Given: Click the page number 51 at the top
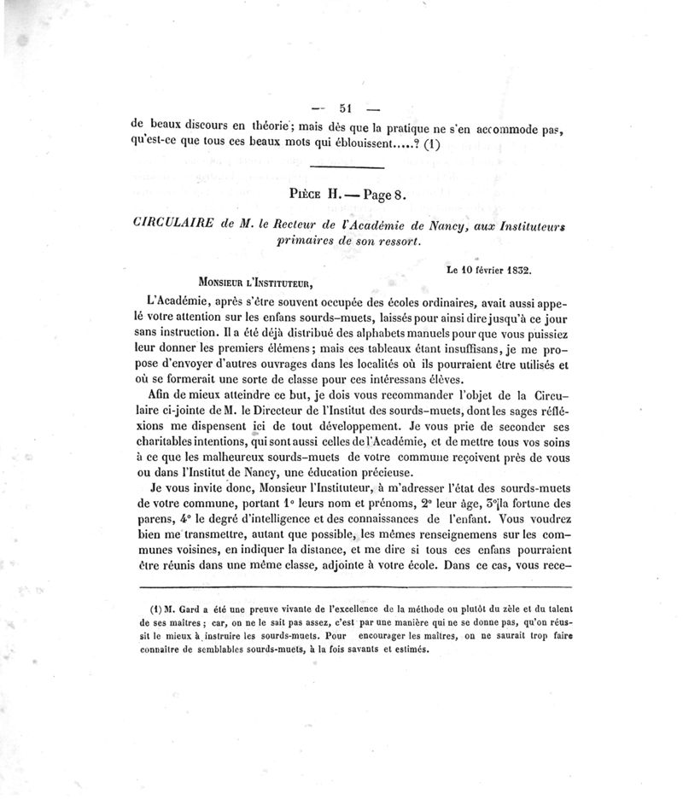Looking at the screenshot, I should point(346,108).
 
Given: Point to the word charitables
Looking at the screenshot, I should point(176,443).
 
